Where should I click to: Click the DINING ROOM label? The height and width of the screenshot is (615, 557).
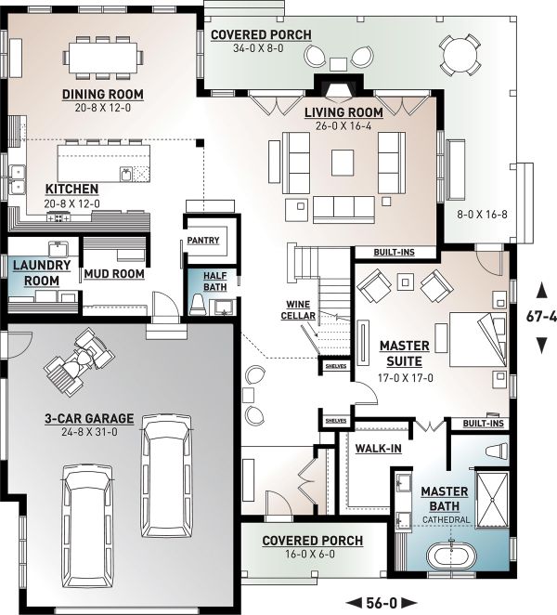pyautogui.click(x=104, y=94)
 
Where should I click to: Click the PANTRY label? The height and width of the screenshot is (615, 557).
pyautogui.click(x=202, y=240)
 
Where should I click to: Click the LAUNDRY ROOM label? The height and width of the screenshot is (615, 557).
pyautogui.click(x=41, y=273)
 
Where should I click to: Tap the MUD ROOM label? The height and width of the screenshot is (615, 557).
pyautogui.click(x=113, y=274)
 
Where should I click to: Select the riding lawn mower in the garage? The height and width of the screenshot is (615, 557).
pyautogui.click(x=78, y=360)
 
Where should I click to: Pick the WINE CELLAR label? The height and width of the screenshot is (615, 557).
pyautogui.click(x=298, y=310)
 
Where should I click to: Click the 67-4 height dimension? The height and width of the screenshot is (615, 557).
pyautogui.click(x=539, y=316)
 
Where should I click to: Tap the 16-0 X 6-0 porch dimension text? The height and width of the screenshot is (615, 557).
pyautogui.click(x=311, y=556)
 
